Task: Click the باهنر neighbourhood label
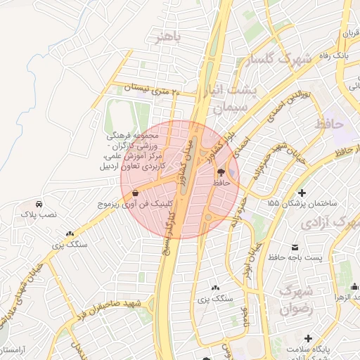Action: coord(170,37)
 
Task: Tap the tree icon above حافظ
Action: coord(221,172)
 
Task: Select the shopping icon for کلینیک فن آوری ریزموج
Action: coord(135,192)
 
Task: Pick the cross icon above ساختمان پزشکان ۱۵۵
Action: coord(302,192)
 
